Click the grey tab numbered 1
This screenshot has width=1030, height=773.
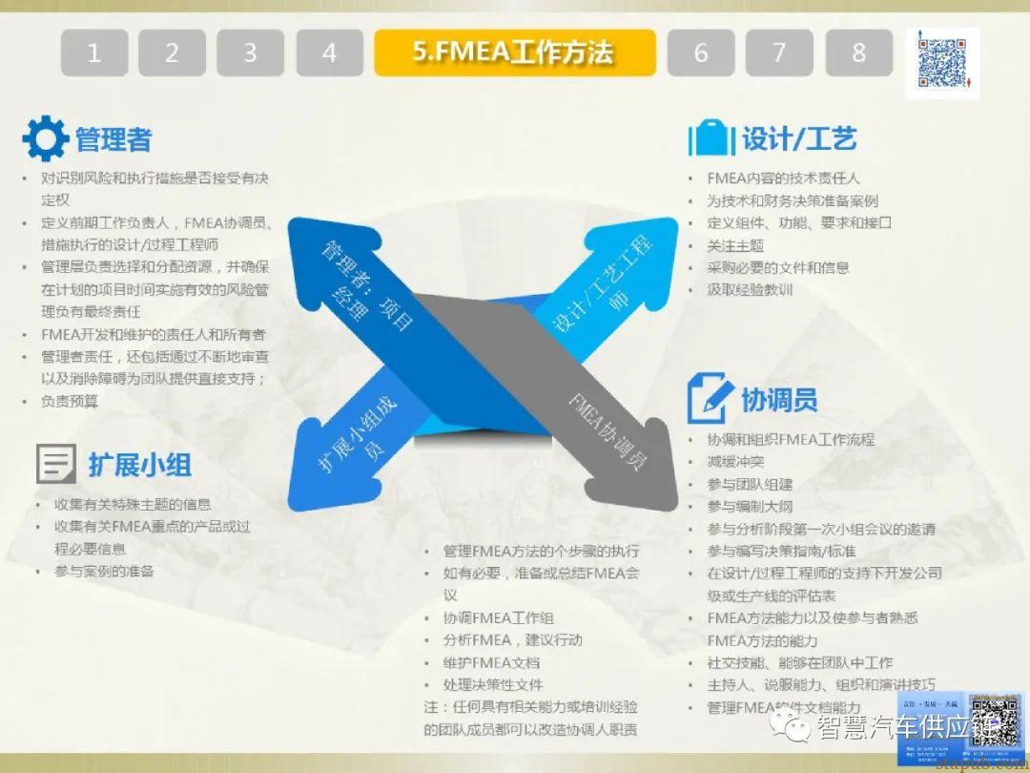(x=93, y=53)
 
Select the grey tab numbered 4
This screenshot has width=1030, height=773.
(x=329, y=53)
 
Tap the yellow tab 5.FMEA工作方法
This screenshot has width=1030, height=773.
(x=514, y=52)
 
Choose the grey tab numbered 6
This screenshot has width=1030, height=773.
(x=700, y=53)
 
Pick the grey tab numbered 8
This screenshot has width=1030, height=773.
(x=858, y=53)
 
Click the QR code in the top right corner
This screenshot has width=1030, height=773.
(x=941, y=63)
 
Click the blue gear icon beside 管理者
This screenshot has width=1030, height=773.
(x=45, y=139)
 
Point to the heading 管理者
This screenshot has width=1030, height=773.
(x=113, y=140)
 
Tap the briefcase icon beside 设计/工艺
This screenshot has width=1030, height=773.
(x=711, y=137)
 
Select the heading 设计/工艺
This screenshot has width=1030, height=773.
(x=799, y=138)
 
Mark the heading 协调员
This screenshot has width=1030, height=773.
(x=779, y=400)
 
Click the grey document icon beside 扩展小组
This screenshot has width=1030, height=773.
(x=56, y=464)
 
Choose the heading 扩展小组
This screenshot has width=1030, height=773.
(x=140, y=465)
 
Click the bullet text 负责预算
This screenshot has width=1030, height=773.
(x=70, y=402)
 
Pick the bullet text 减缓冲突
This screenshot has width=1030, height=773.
(x=735, y=462)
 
